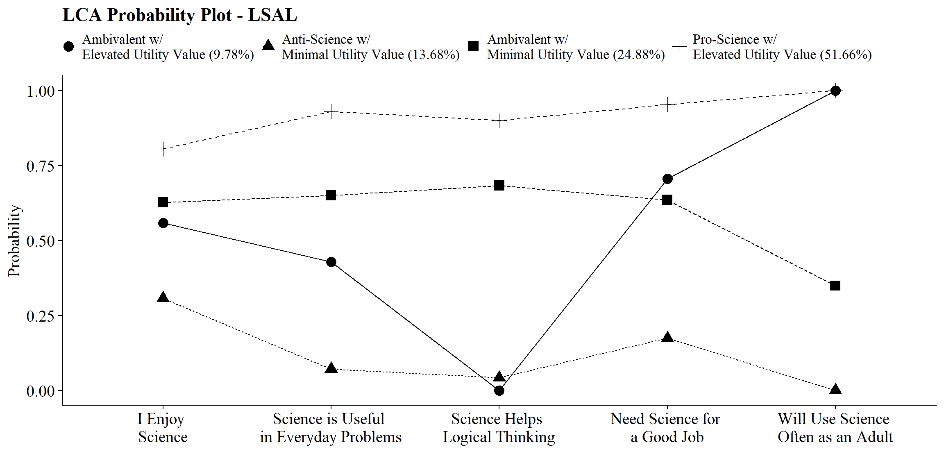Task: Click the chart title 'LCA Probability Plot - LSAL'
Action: (179, 16)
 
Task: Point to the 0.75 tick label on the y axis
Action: (41, 166)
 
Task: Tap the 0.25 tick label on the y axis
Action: (41, 316)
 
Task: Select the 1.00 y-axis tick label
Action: (41, 91)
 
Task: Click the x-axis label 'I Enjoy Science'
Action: (163, 428)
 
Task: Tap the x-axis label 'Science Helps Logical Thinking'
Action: (499, 428)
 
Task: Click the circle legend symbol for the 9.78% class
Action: (69, 46)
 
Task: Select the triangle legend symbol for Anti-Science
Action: (268, 45)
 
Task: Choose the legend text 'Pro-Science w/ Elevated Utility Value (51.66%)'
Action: (782, 47)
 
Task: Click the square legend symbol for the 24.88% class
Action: (473, 46)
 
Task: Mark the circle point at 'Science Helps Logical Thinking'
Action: (499, 390)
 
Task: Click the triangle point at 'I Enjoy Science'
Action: (163, 297)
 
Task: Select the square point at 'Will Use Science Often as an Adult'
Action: (835, 286)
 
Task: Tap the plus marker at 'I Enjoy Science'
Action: (163, 149)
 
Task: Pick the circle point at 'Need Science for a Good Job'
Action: (667, 179)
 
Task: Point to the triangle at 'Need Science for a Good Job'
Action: (667, 337)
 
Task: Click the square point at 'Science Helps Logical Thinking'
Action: (499, 186)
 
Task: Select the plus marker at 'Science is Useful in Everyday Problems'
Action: (331, 111)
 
